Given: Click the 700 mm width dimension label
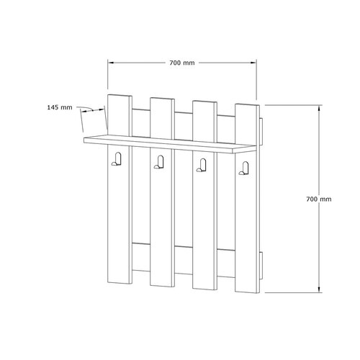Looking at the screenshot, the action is click(x=182, y=63).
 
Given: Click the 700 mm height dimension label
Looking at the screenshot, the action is click(x=319, y=199).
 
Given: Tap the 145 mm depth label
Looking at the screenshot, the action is click(x=60, y=107).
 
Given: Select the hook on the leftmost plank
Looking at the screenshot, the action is click(x=117, y=159).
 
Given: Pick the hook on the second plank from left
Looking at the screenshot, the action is click(x=159, y=162).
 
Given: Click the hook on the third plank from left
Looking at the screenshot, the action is click(x=202, y=165).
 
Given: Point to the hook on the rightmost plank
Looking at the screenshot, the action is click(x=244, y=168).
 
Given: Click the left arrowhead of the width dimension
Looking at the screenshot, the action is click(x=110, y=63).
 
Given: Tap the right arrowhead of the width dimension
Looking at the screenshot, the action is click(x=253, y=63).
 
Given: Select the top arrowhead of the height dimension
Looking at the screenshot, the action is click(x=319, y=108).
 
